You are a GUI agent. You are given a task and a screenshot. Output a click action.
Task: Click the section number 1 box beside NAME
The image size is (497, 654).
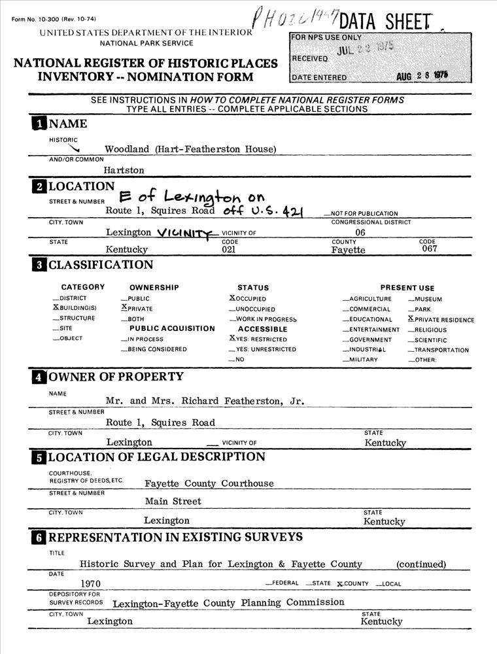[x=39, y=124]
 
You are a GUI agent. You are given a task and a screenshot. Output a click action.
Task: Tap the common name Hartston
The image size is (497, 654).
[x=124, y=170]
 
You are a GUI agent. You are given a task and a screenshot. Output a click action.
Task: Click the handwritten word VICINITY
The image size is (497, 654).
[x=187, y=232]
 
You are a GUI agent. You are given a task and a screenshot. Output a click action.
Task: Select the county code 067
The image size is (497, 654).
[x=429, y=249]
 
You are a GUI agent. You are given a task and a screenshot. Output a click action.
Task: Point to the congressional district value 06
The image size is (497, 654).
[x=360, y=232]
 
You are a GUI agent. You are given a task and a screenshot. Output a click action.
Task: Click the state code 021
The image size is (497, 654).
[x=229, y=250]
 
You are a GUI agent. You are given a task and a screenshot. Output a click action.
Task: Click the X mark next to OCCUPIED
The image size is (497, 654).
[x=223, y=298]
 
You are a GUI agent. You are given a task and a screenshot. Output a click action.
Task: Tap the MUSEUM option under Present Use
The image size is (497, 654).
[x=428, y=300]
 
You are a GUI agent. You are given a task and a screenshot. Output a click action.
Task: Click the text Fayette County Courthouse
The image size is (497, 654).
[x=209, y=483]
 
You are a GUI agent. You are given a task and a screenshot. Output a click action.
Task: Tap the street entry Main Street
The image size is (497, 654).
[x=173, y=502]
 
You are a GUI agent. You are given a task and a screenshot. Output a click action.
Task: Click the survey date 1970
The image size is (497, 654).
[x=90, y=583]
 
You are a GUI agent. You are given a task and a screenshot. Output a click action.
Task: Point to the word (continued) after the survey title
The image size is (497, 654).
[x=421, y=564]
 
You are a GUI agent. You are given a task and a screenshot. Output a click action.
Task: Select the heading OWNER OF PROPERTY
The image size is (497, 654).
[x=116, y=377]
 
